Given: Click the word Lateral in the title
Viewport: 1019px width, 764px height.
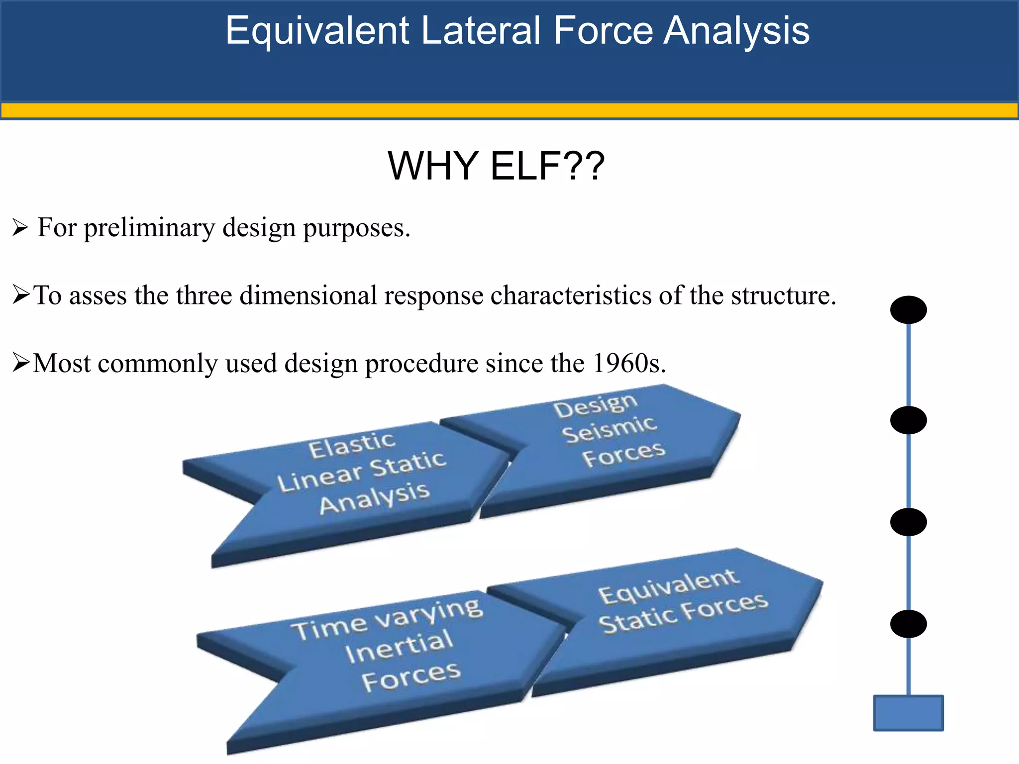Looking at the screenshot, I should pos(482,31).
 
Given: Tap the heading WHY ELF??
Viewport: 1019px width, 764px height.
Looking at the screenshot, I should pos(496,166).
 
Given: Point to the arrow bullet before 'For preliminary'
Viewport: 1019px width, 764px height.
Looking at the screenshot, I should pos(20,228).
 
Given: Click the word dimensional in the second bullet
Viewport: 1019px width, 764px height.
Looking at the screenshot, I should pos(308,295).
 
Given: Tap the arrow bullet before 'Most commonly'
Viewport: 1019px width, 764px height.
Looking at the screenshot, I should pos(21,363).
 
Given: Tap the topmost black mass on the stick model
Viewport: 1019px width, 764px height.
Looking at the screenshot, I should pos(908,310).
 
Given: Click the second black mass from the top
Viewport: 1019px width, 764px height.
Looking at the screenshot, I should pos(908,420).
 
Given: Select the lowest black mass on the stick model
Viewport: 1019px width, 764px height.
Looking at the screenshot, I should pos(908,624).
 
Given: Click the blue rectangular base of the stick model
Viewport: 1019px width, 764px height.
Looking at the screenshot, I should pos(908,713).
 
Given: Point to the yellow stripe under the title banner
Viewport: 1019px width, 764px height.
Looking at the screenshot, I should pos(509,110).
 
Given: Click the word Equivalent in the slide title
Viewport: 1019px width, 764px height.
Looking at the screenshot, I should pos(317,31).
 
